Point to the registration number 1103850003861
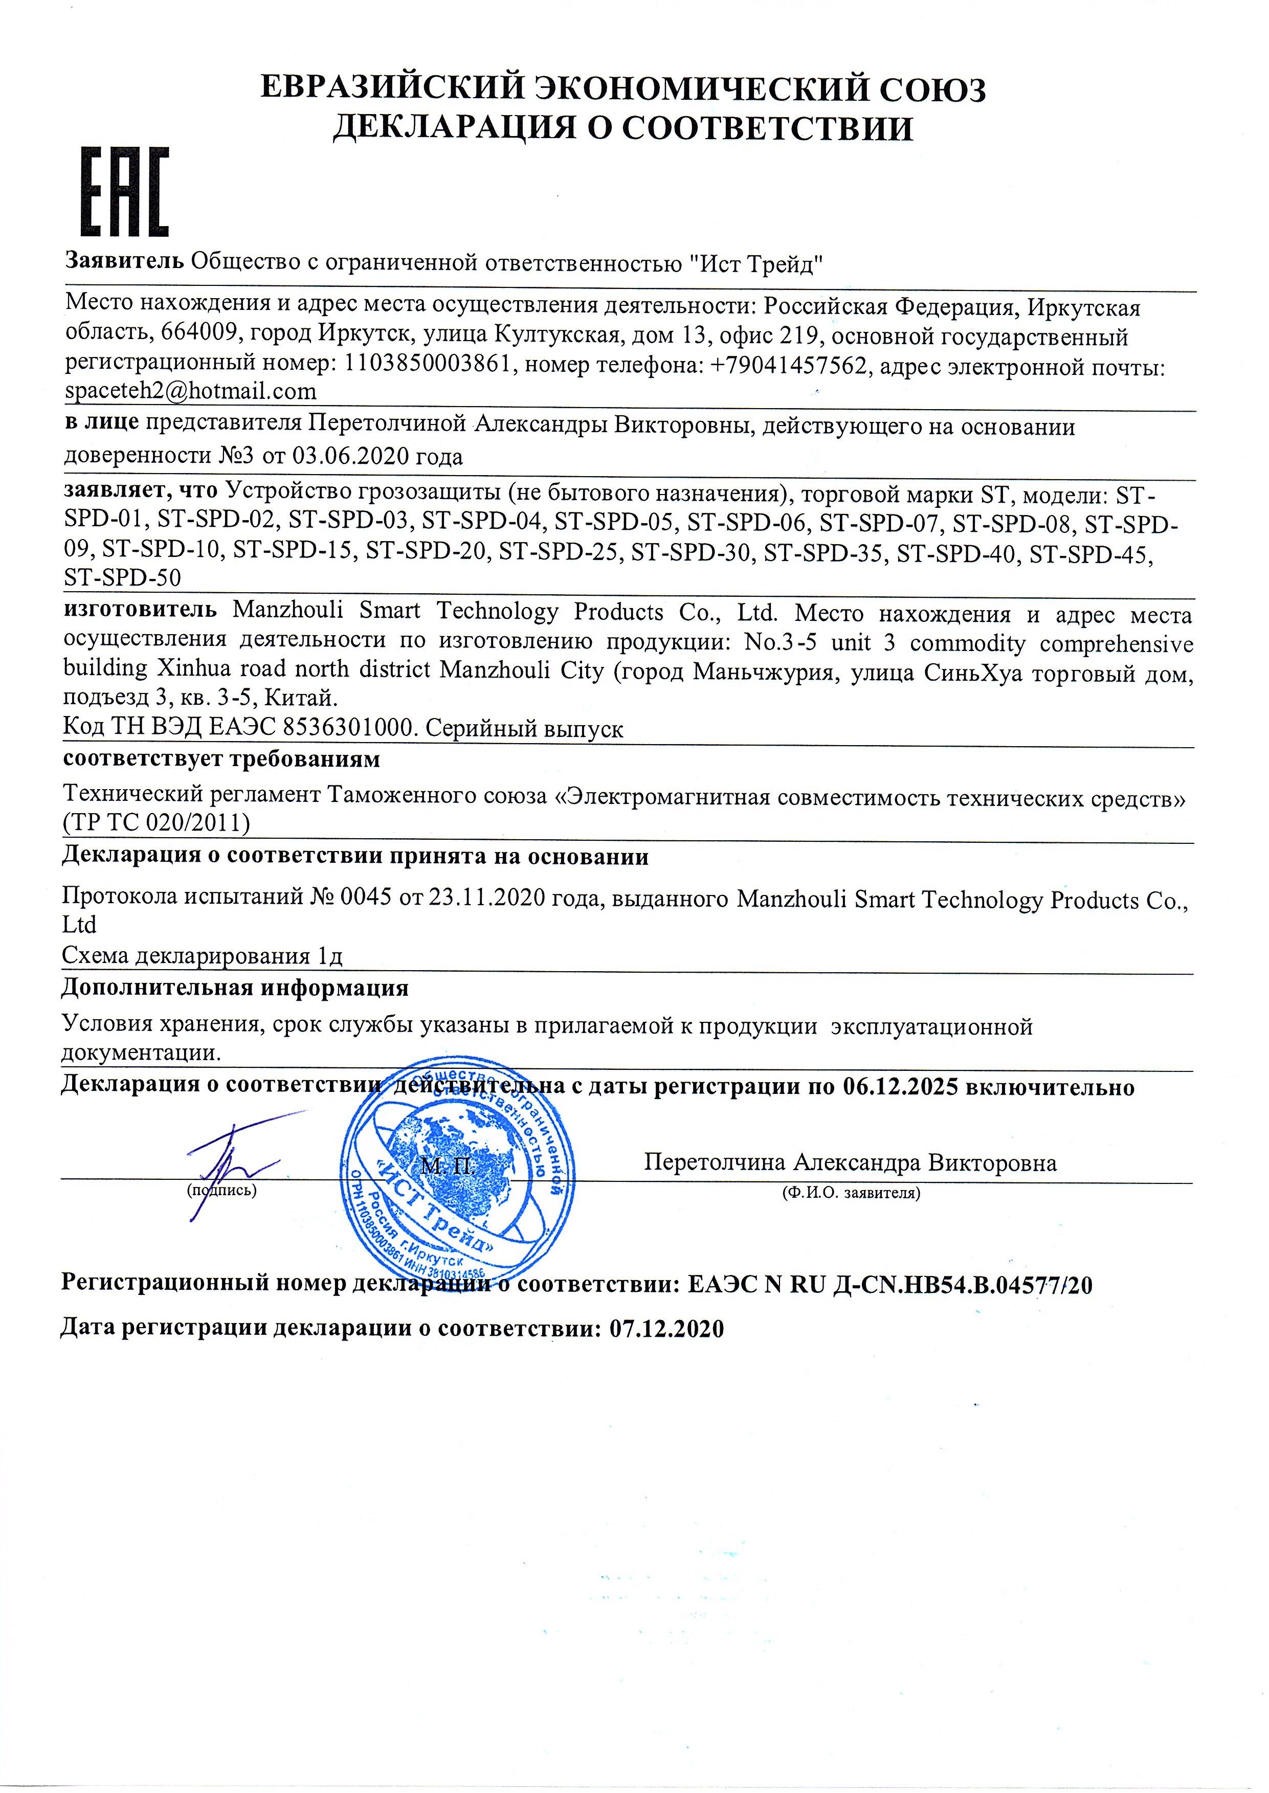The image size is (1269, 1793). tap(428, 365)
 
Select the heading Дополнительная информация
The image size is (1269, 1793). tap(235, 989)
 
